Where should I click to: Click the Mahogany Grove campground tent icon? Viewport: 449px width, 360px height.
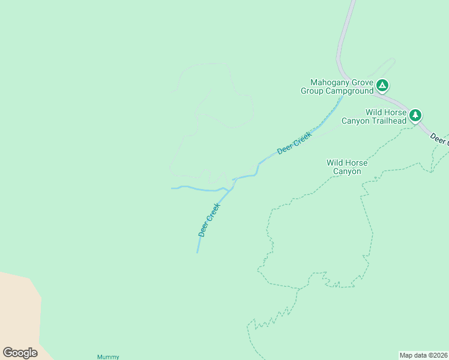[382, 85]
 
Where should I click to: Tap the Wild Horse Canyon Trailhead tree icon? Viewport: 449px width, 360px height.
[415, 115]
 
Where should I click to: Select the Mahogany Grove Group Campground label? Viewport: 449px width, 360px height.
[338, 87]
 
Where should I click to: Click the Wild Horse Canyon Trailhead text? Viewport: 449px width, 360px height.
[373, 116]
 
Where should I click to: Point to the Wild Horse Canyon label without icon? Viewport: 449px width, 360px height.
[346, 167]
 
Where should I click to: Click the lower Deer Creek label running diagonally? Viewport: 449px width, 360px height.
[209, 220]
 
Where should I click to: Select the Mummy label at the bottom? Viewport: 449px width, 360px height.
[108, 357]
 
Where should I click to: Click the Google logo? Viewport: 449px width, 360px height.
[20, 353]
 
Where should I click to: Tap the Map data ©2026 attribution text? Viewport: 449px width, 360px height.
[424, 355]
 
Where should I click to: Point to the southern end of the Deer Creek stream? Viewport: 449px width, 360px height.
[197, 251]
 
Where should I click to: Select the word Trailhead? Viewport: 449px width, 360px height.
[391, 121]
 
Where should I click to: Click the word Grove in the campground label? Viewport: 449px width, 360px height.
[364, 83]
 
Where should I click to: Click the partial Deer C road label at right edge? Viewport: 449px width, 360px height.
[439, 139]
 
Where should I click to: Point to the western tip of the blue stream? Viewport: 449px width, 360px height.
[172, 188]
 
